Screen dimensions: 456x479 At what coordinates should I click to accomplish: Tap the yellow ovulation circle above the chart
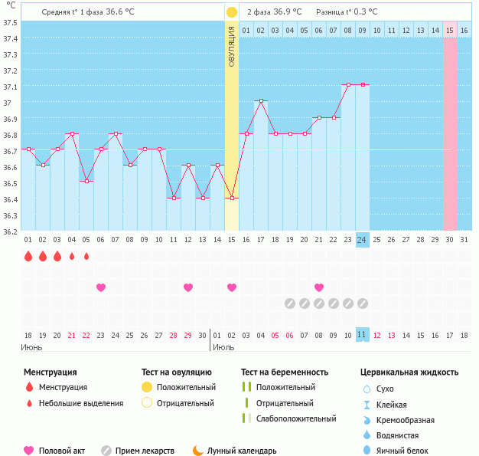(231, 12)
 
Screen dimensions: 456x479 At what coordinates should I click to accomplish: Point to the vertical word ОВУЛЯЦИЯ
(231, 47)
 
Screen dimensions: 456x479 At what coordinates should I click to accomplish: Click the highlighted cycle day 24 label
(363, 240)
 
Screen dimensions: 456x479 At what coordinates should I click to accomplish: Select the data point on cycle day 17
(261, 101)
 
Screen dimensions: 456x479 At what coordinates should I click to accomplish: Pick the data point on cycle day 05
(86, 181)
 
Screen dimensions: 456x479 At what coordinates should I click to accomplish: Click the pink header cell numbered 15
(450, 30)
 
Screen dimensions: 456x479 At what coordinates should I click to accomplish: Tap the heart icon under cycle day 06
(101, 287)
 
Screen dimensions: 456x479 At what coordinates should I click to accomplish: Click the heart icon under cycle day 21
(319, 287)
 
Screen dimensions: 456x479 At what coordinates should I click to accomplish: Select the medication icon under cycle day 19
(290, 303)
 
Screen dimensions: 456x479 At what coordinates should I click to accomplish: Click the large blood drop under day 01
(28, 256)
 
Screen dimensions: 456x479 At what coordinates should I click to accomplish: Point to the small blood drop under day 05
(86, 256)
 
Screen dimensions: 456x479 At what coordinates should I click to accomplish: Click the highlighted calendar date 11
(363, 335)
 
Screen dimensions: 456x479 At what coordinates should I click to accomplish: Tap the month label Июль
(223, 347)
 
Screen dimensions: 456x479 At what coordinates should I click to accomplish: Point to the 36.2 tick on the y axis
(10, 231)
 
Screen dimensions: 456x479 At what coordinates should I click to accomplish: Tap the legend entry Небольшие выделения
(81, 403)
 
